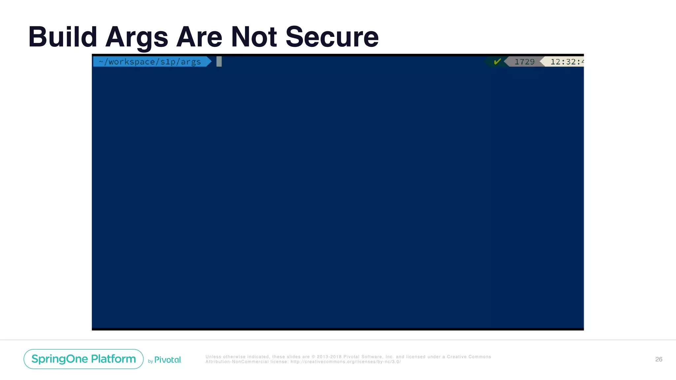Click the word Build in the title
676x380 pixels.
[x=62, y=37]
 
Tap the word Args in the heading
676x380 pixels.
[x=137, y=37]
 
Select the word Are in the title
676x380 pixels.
[x=199, y=37]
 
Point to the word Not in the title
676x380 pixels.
[x=254, y=37]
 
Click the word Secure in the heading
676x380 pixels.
[x=332, y=37]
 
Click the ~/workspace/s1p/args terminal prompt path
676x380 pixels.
[x=150, y=62]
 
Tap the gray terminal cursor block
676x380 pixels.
[x=219, y=62]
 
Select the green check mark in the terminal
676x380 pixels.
[x=497, y=62]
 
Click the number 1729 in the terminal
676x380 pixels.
[x=524, y=62]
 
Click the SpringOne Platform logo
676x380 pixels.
[x=84, y=359]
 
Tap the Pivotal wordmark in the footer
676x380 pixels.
[x=168, y=360]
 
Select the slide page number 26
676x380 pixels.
[x=659, y=359]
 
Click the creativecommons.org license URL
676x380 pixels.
[x=346, y=362]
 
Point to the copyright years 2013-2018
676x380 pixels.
[x=329, y=357]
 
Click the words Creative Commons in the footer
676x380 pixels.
[x=469, y=357]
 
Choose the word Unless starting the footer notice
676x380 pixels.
[x=213, y=357]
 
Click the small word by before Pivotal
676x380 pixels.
[x=151, y=362]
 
